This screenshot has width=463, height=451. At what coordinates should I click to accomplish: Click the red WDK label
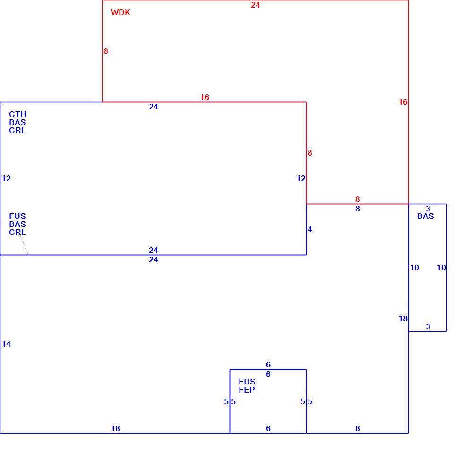[120, 12]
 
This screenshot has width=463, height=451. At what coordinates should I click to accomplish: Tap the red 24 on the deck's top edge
[256, 5]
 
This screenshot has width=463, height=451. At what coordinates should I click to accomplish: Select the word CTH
[17, 114]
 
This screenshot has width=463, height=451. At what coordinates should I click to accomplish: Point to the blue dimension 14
[6, 344]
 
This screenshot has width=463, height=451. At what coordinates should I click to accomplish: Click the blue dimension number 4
[309, 229]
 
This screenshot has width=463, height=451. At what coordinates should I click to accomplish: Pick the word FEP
[247, 389]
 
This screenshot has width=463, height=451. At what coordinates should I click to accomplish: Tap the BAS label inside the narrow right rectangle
[426, 216]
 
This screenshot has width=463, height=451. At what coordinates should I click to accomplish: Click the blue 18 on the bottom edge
[115, 428]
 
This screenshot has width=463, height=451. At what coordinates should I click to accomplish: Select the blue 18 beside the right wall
[403, 318]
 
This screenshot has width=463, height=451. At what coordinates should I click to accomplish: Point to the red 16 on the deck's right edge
[403, 102]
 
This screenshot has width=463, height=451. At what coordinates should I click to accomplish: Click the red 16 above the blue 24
[205, 97]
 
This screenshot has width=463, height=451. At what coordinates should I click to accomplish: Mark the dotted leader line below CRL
[24, 245]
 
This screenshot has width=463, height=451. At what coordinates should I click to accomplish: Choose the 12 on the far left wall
[6, 178]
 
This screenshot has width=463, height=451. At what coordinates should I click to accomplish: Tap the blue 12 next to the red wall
[301, 178]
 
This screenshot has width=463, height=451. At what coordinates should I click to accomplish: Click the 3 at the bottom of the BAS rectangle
[428, 326]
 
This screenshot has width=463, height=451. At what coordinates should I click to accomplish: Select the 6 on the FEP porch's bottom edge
[268, 428]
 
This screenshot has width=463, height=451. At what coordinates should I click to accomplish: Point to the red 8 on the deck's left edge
[106, 51]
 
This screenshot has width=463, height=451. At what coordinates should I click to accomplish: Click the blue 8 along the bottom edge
[358, 428]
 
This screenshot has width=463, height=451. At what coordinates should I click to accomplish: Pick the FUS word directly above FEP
[247, 382]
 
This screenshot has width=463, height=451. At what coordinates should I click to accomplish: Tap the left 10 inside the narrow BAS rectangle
[415, 267]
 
